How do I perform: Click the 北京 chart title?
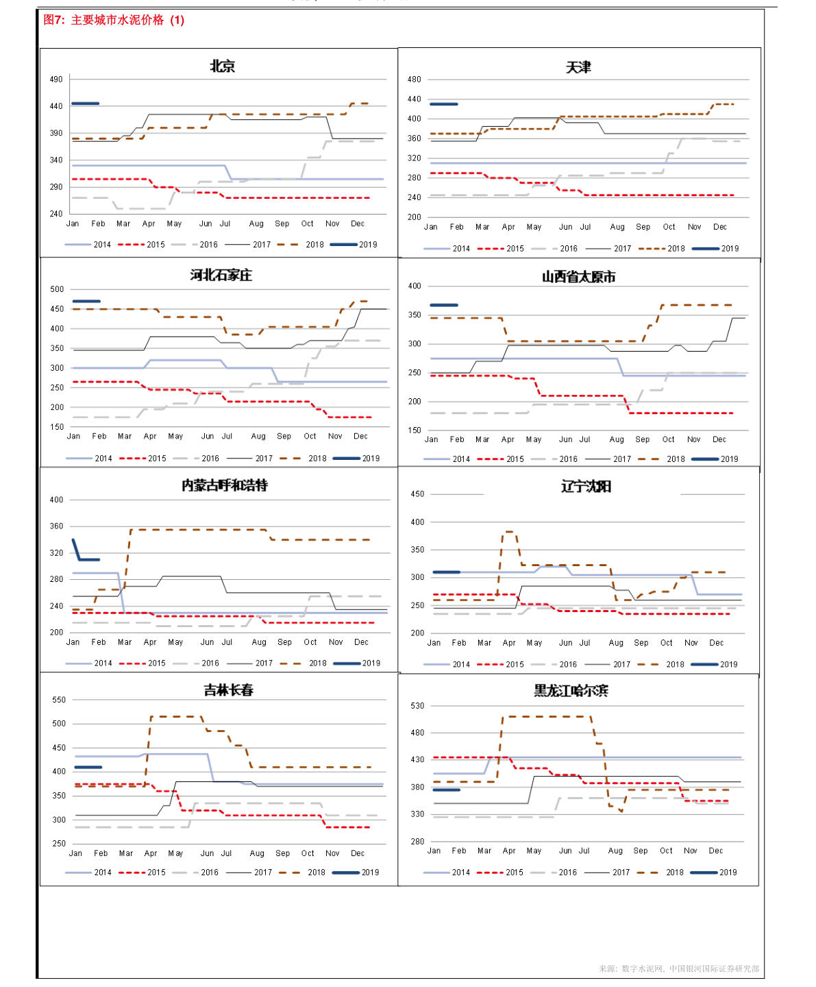tap(222, 66)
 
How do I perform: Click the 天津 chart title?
tap(578, 67)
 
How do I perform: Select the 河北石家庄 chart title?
tap(221, 276)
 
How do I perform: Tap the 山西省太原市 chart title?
tap(579, 277)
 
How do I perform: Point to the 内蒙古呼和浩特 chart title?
tap(225, 485)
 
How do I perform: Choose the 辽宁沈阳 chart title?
tap(586, 487)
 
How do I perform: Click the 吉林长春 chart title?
tap(229, 690)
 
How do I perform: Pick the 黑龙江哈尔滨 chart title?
tap(571, 691)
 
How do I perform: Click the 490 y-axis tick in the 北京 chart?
tap(56, 80)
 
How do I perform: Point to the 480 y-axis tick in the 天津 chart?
tap(415, 80)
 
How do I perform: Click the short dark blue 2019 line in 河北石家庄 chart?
tap(86, 301)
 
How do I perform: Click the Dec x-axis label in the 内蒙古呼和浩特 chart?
tap(362, 642)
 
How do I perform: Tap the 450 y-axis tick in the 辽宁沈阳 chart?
tap(417, 494)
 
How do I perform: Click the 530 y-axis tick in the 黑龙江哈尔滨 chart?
tap(417, 706)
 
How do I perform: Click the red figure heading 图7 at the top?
tap(114, 20)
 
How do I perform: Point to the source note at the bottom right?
tap(678, 968)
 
